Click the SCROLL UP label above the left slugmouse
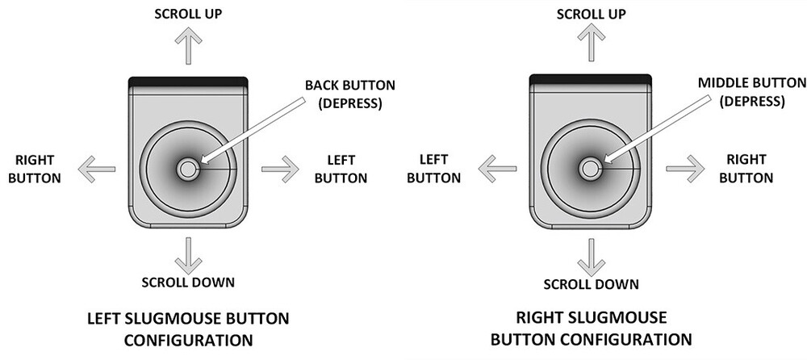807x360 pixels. [188, 14]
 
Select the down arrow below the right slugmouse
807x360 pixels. [592, 256]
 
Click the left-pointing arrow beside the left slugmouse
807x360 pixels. [95, 170]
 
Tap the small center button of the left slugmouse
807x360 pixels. [188, 170]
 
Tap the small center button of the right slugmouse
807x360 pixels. [589, 170]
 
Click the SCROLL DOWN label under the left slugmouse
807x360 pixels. [188, 283]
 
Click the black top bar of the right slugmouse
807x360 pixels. [589, 77]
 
